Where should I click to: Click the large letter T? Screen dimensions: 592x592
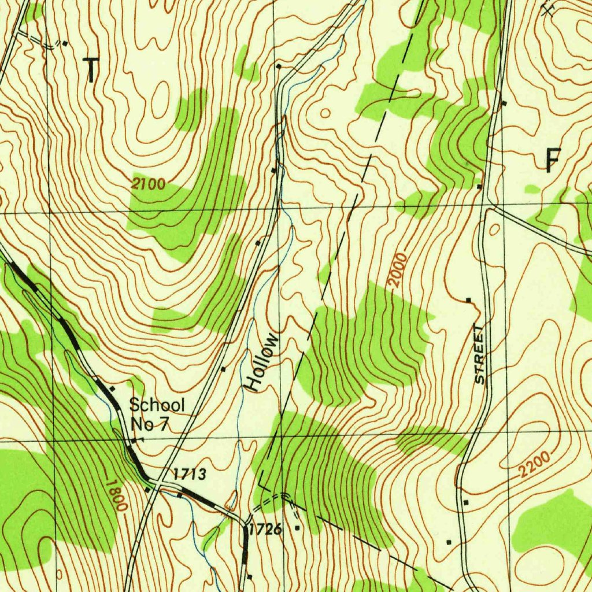91,70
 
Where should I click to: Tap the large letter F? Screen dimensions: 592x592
553,160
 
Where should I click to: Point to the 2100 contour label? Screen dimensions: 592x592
148,184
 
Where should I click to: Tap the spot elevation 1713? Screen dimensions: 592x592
190,475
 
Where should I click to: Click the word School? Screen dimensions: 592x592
157,405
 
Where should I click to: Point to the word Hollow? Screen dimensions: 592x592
261,362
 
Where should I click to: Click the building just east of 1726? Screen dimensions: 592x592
298,528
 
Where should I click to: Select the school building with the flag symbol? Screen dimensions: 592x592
134,441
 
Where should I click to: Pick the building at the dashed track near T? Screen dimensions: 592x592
65,43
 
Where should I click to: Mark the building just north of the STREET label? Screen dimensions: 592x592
468,300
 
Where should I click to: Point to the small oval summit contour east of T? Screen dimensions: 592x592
325,113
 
